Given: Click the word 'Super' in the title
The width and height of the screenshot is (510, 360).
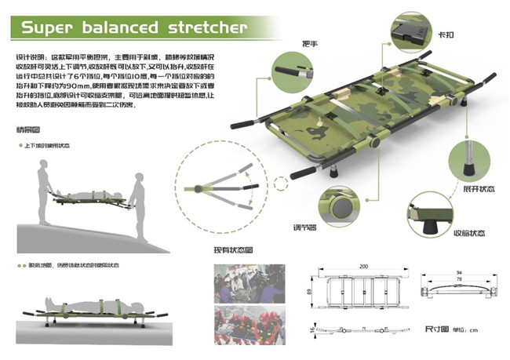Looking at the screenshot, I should click(48, 28).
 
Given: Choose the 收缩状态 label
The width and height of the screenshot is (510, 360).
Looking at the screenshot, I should click(470, 235).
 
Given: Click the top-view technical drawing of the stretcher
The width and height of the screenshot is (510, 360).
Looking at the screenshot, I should click(364, 292).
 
